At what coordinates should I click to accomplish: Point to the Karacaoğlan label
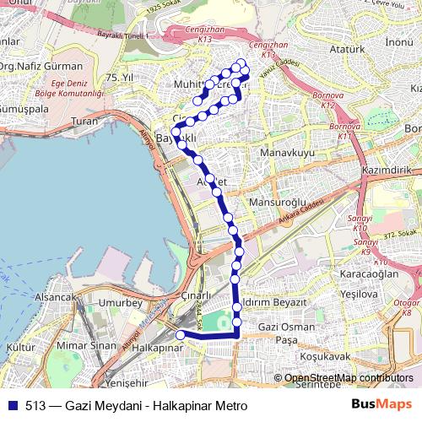[369, 275]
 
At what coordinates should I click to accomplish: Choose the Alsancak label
[56, 298]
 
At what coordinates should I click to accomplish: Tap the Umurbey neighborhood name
[123, 302]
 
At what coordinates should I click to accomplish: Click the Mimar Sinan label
[86, 346]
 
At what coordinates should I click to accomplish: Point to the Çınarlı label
[199, 296]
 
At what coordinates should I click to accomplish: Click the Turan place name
[85, 122]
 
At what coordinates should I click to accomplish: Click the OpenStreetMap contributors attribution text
[349, 378]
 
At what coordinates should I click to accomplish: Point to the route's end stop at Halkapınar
[179, 335]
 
